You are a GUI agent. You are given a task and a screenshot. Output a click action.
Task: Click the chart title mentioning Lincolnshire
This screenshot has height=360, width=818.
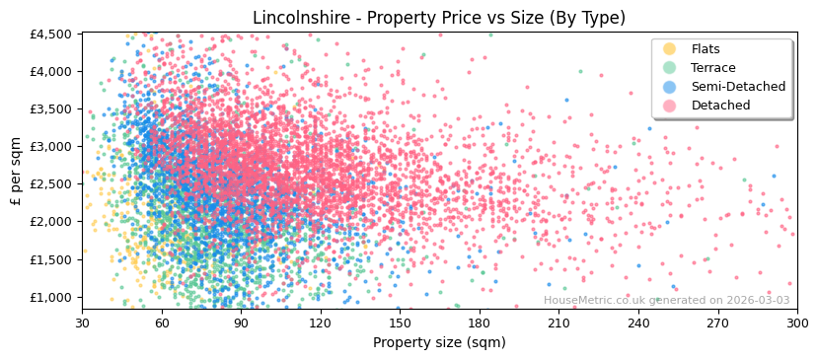click(x=439, y=18)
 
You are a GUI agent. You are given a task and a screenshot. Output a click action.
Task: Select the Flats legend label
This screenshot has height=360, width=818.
click(x=706, y=49)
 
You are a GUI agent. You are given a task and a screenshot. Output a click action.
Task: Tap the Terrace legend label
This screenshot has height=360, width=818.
click(x=713, y=68)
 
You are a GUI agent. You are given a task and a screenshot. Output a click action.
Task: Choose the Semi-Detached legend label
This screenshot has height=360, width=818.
click(x=738, y=87)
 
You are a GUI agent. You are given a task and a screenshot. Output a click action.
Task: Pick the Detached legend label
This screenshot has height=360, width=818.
click(x=720, y=106)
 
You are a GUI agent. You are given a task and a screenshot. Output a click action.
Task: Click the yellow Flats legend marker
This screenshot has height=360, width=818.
click(x=670, y=49)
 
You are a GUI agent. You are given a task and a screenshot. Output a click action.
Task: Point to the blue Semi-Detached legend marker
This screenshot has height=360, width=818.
click(x=670, y=87)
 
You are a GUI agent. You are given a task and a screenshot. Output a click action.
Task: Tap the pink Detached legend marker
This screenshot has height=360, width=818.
click(x=670, y=106)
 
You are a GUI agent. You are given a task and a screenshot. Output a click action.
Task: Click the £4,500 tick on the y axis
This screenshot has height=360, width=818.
click(x=50, y=34)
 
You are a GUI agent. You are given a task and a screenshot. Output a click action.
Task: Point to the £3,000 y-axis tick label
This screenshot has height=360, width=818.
click(x=50, y=146)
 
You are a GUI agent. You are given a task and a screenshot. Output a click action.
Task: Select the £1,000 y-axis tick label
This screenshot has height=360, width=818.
click(x=50, y=297)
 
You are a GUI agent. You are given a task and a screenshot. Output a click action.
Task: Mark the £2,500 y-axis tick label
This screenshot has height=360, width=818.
click(x=50, y=183)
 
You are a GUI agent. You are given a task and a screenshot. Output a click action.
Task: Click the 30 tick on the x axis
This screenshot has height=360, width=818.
click(x=82, y=323)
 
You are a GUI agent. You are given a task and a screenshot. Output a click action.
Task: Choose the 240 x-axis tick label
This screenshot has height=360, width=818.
click(x=638, y=323)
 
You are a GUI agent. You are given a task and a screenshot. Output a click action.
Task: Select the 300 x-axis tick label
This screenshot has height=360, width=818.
click(x=796, y=323)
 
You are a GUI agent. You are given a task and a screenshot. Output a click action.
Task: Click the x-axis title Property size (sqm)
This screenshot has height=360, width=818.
click(x=439, y=342)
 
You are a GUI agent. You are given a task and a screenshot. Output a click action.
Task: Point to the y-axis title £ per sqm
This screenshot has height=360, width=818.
click(x=17, y=172)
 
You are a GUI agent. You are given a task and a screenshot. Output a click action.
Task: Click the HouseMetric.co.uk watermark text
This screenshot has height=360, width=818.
click(x=667, y=300)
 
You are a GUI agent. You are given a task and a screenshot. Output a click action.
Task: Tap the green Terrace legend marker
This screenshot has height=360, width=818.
click(x=670, y=68)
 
